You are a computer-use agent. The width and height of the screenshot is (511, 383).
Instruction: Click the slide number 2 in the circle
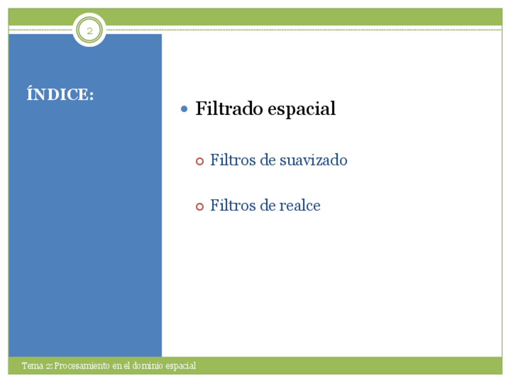point(89,31)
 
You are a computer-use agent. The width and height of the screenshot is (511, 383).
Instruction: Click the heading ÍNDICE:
point(60,95)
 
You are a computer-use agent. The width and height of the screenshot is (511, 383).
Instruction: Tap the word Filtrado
point(229,108)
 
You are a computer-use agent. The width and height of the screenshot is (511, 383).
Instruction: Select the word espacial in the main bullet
point(301,109)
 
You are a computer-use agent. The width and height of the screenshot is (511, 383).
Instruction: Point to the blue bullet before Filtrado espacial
point(184,109)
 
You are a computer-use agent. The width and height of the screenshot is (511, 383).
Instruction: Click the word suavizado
point(313,160)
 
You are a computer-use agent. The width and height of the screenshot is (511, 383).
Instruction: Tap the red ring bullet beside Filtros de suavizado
point(200,161)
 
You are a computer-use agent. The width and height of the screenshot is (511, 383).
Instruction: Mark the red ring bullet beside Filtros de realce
point(200,207)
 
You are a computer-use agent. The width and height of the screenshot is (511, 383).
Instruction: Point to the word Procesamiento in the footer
point(82,366)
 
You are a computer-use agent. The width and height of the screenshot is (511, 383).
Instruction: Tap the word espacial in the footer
point(181,366)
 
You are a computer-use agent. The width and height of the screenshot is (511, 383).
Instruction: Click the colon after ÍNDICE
point(91,95)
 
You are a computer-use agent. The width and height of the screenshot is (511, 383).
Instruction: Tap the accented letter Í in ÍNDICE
point(30,93)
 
